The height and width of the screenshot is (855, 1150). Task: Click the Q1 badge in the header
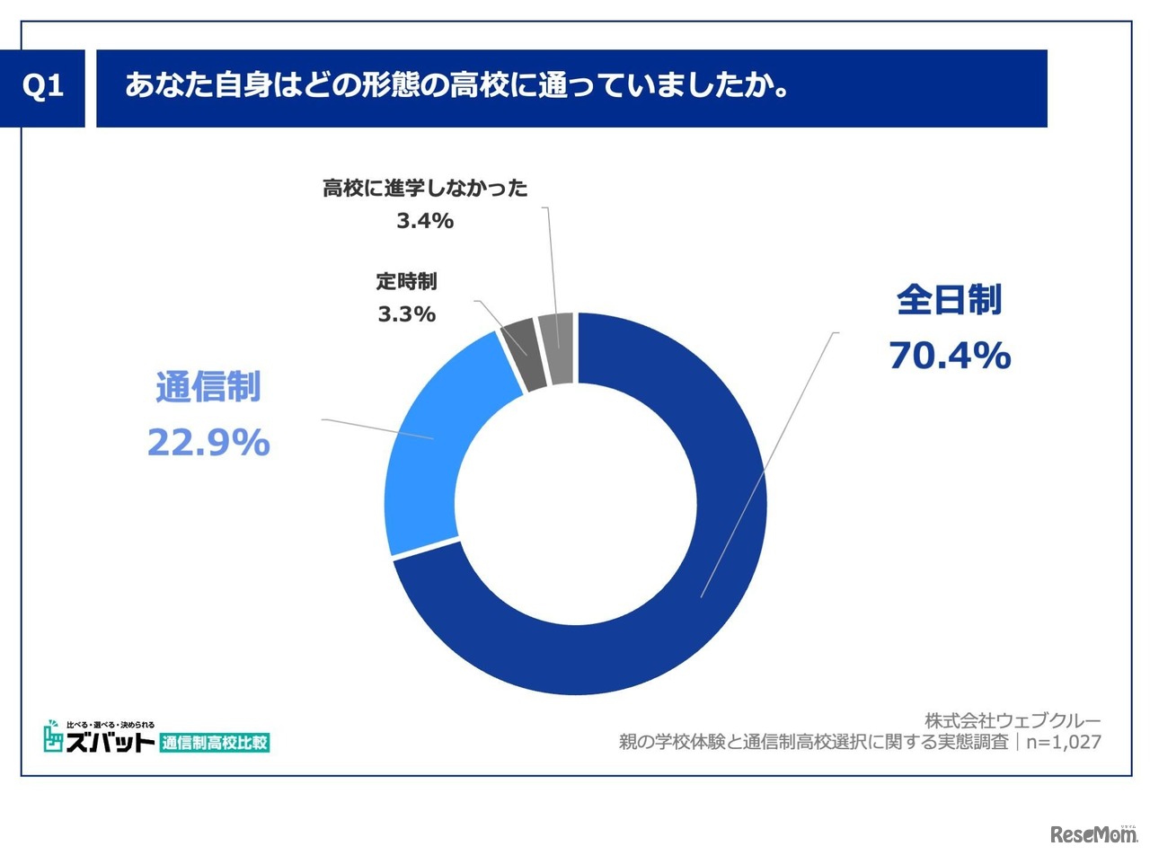42,87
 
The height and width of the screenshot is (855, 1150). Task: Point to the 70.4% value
950,357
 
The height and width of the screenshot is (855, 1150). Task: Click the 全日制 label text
949,301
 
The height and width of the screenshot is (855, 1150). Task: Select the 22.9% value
208,443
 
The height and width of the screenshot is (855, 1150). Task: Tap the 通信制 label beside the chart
208,387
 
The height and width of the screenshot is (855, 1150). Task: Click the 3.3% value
406,314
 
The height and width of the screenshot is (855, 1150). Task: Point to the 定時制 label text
406,281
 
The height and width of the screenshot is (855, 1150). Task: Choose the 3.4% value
425,220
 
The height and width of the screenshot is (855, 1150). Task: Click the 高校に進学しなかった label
425,188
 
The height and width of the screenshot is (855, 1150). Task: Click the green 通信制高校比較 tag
215,743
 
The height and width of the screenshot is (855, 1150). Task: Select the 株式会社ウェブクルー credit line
1013,720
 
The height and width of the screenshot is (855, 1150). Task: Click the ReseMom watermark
1092,834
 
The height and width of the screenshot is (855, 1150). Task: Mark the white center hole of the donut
576,503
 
